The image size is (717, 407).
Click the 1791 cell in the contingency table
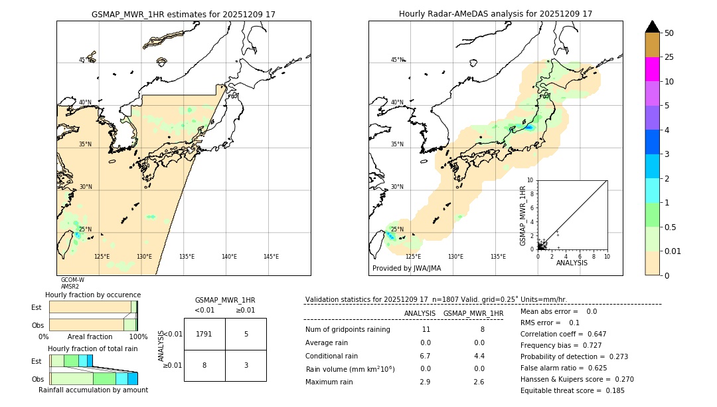pyautogui.click(x=204, y=334)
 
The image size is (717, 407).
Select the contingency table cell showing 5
pyautogui.click(x=246, y=334)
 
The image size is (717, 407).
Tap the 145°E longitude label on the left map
pyautogui.click(x=271, y=257)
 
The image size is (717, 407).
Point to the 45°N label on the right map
pyautogui.click(x=396, y=60)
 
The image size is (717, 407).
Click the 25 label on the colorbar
pyautogui.click(x=670, y=57)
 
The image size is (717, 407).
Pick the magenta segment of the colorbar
pyautogui.click(x=653, y=69)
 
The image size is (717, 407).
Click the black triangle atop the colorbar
pyautogui.click(x=653, y=27)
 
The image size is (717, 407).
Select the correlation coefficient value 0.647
pyautogui.click(x=592, y=334)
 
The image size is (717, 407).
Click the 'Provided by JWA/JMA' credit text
pyautogui.click(x=406, y=269)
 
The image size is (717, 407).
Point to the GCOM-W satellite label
pyautogui.click(x=72, y=280)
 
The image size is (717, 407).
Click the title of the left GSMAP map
pyautogui.click(x=183, y=14)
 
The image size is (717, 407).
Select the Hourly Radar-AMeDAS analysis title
pyautogui.click(x=495, y=14)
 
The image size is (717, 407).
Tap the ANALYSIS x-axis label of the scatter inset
pyautogui.click(x=572, y=263)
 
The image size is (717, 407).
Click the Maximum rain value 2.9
pyautogui.click(x=425, y=382)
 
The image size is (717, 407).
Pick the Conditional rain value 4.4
pyautogui.click(x=478, y=356)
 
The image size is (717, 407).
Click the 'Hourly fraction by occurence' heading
pyautogui.click(x=93, y=295)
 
